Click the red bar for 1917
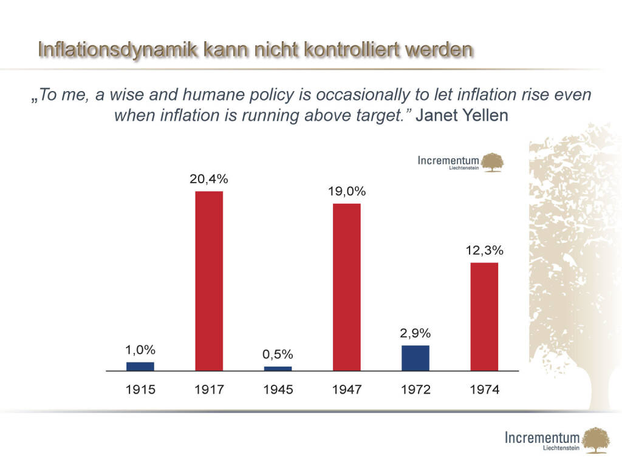click(209, 281)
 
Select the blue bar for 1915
click(140, 366)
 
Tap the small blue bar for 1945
click(278, 368)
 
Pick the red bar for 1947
click(347, 287)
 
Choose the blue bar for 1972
click(415, 358)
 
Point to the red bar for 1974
click(484, 316)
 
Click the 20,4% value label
click(209, 179)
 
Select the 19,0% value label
click(347, 191)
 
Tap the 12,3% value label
click(484, 250)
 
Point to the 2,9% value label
click(415, 333)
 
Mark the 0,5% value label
click(278, 354)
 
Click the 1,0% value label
click(140, 349)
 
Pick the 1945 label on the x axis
click(278, 390)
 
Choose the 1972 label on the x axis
click(415, 390)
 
